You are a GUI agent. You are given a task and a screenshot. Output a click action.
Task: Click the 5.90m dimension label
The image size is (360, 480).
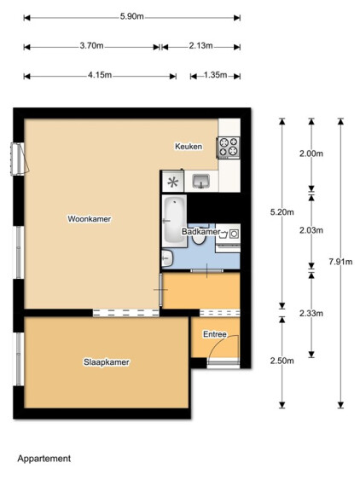click(x=131, y=16)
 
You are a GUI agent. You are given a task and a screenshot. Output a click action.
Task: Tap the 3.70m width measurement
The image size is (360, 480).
click(x=91, y=46)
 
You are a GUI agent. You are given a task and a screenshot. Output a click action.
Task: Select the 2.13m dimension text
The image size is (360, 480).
click(x=200, y=46)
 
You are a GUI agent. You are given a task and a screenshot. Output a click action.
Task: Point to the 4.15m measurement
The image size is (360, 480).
click(x=100, y=75)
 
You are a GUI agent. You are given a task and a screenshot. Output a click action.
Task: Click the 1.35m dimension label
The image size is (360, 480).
click(x=215, y=75)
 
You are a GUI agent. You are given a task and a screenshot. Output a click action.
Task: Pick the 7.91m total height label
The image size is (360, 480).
click(x=340, y=262)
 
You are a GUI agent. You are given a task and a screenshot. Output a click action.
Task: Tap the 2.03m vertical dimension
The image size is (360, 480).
click(x=311, y=230)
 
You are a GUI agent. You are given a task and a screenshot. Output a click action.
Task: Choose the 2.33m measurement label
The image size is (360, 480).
click(x=311, y=313)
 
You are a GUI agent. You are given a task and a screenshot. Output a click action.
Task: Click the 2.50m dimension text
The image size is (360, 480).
click(x=282, y=361)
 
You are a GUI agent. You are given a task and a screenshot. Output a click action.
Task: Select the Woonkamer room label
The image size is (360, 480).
click(x=90, y=219)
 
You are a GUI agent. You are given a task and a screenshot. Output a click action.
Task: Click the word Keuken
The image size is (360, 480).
click(x=189, y=147)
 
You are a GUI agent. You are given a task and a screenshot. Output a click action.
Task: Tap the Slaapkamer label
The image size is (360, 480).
click(x=107, y=362)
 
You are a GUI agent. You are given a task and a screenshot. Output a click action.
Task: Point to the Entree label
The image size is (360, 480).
click(x=215, y=334)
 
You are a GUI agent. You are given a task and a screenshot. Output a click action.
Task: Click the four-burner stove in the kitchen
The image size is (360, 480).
click(x=229, y=147)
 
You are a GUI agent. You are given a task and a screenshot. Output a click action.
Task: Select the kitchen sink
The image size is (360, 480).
click(x=201, y=182)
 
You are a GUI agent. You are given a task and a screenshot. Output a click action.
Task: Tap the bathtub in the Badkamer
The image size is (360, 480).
click(x=174, y=221)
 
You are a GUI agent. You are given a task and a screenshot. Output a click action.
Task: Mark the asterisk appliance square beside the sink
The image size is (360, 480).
click(x=173, y=182)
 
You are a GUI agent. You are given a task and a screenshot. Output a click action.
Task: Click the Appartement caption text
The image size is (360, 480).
click(x=44, y=459)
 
